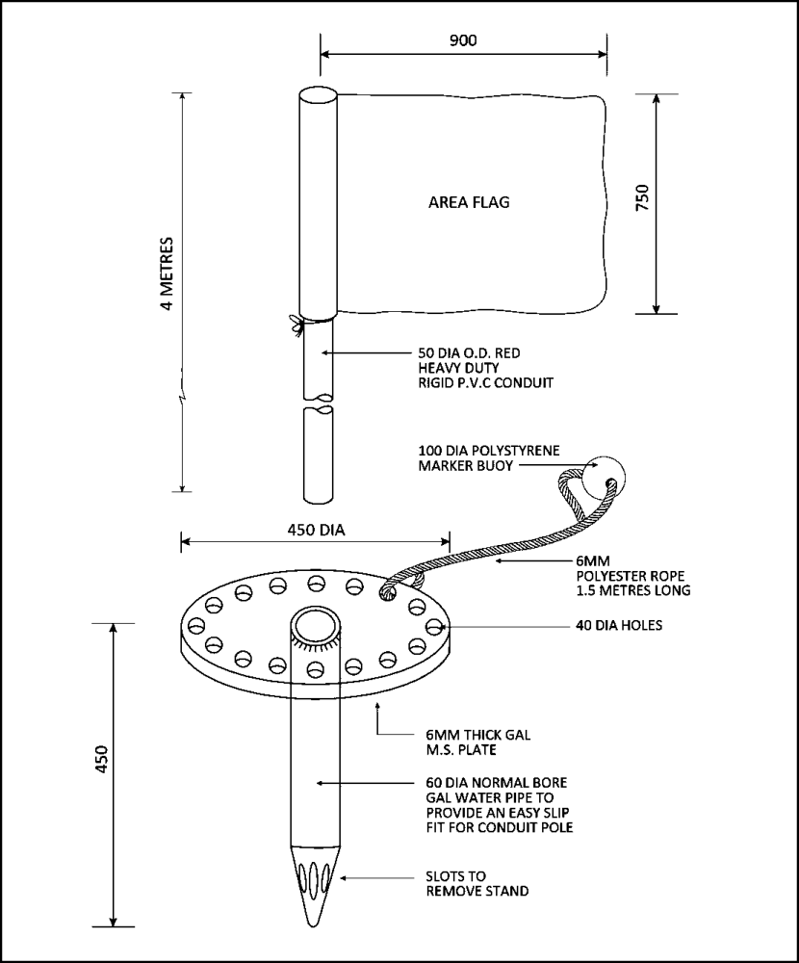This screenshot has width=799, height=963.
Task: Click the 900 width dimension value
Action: point(463,40)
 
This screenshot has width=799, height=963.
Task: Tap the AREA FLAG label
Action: point(468,203)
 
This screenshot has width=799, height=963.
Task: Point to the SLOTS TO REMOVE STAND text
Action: point(477,884)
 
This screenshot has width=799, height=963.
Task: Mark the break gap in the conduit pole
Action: point(319,403)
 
